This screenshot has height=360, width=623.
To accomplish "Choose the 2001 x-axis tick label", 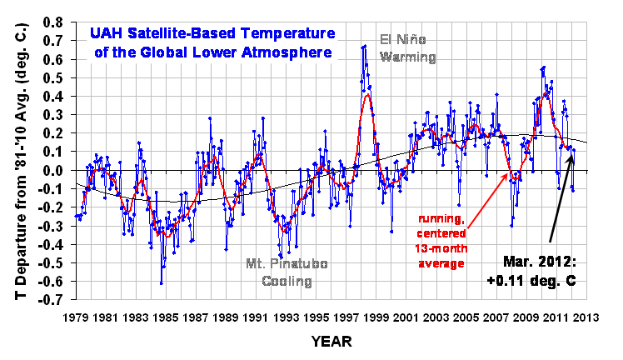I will pos(406,318).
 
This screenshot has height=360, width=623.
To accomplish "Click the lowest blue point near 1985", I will pos(162,283).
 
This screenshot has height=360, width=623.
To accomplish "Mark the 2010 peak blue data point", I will pos(544,67).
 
